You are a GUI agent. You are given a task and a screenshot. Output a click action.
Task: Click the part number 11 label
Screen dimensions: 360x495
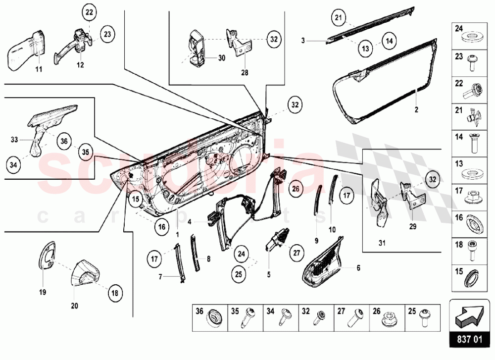[x=39, y=69]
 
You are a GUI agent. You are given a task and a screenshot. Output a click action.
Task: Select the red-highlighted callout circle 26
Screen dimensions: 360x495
[x=295, y=188]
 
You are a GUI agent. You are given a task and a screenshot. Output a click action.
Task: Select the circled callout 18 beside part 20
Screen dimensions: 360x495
[x=115, y=293]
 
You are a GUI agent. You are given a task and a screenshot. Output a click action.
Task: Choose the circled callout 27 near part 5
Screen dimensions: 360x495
[x=296, y=253]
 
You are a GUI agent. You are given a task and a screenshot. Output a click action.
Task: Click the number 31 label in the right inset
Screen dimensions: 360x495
[x=382, y=243]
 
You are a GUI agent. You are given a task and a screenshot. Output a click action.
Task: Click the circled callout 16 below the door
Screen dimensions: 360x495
[x=161, y=227]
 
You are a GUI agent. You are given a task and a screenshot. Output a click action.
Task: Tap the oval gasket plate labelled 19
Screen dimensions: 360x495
[x=48, y=257]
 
